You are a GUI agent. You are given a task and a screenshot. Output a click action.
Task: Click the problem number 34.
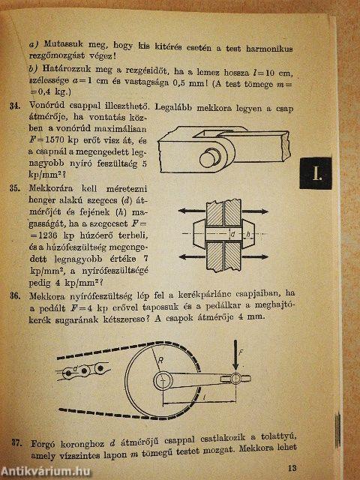(x=15, y=106)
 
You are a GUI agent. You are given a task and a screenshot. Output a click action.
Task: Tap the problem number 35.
(x=15, y=188)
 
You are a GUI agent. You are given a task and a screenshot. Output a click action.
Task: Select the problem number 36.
(x=15, y=295)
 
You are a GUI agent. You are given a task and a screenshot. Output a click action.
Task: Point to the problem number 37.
(x=16, y=442)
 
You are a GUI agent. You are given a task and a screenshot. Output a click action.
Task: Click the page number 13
(x=292, y=467)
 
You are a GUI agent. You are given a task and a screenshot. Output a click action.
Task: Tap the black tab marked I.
(x=316, y=173)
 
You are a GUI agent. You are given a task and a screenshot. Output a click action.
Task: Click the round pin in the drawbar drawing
(x=210, y=157)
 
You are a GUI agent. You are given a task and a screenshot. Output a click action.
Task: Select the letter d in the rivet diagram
(x=232, y=235)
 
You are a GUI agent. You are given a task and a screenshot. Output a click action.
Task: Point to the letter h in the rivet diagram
(x=248, y=235)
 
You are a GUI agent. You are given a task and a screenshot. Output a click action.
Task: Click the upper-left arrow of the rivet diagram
(x=192, y=211)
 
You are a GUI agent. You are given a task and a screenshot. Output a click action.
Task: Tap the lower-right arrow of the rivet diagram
(x=255, y=256)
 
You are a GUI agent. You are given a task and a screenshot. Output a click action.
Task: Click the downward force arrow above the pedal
(x=235, y=355)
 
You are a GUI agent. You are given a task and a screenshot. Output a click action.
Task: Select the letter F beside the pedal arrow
(x=241, y=352)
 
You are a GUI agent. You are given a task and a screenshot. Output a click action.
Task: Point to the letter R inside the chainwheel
(x=160, y=360)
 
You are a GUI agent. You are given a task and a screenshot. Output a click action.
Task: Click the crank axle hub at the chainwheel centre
(x=163, y=380)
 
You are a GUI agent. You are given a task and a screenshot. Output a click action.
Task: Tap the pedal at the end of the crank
(x=235, y=379)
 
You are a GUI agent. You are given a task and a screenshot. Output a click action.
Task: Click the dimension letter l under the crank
(x=204, y=397)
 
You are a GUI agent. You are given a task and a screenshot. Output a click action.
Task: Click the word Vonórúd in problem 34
(x=46, y=105)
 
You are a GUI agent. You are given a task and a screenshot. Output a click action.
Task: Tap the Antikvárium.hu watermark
(x=45, y=470)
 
